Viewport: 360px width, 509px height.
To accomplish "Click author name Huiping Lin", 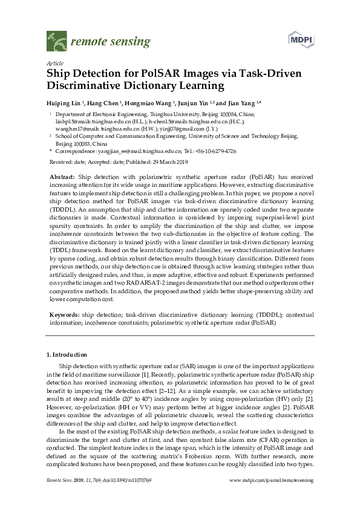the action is point(63,103).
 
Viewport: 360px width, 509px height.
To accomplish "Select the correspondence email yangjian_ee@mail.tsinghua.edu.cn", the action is point(138,151).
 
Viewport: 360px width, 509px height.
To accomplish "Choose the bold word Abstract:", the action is point(63,176).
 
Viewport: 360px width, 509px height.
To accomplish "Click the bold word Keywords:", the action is point(64,314).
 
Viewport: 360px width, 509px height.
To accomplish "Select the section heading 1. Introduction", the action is point(67,354).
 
